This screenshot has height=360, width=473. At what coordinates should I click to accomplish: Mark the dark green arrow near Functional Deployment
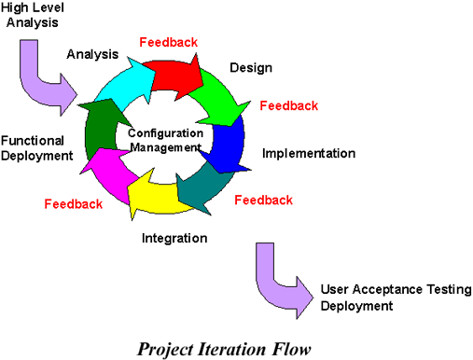click(98, 127)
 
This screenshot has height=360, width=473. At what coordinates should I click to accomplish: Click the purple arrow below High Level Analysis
click(47, 84)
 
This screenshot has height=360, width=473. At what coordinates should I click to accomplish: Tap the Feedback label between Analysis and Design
click(168, 42)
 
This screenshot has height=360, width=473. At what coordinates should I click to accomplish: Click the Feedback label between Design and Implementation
click(288, 105)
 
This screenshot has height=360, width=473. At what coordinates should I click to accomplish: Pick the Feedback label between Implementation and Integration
click(263, 200)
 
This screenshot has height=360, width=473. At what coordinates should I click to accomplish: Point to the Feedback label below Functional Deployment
click(73, 203)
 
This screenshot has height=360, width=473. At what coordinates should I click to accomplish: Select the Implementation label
click(308, 153)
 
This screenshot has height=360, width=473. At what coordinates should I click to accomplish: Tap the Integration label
click(174, 239)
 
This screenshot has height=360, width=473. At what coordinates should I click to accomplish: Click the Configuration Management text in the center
click(164, 140)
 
